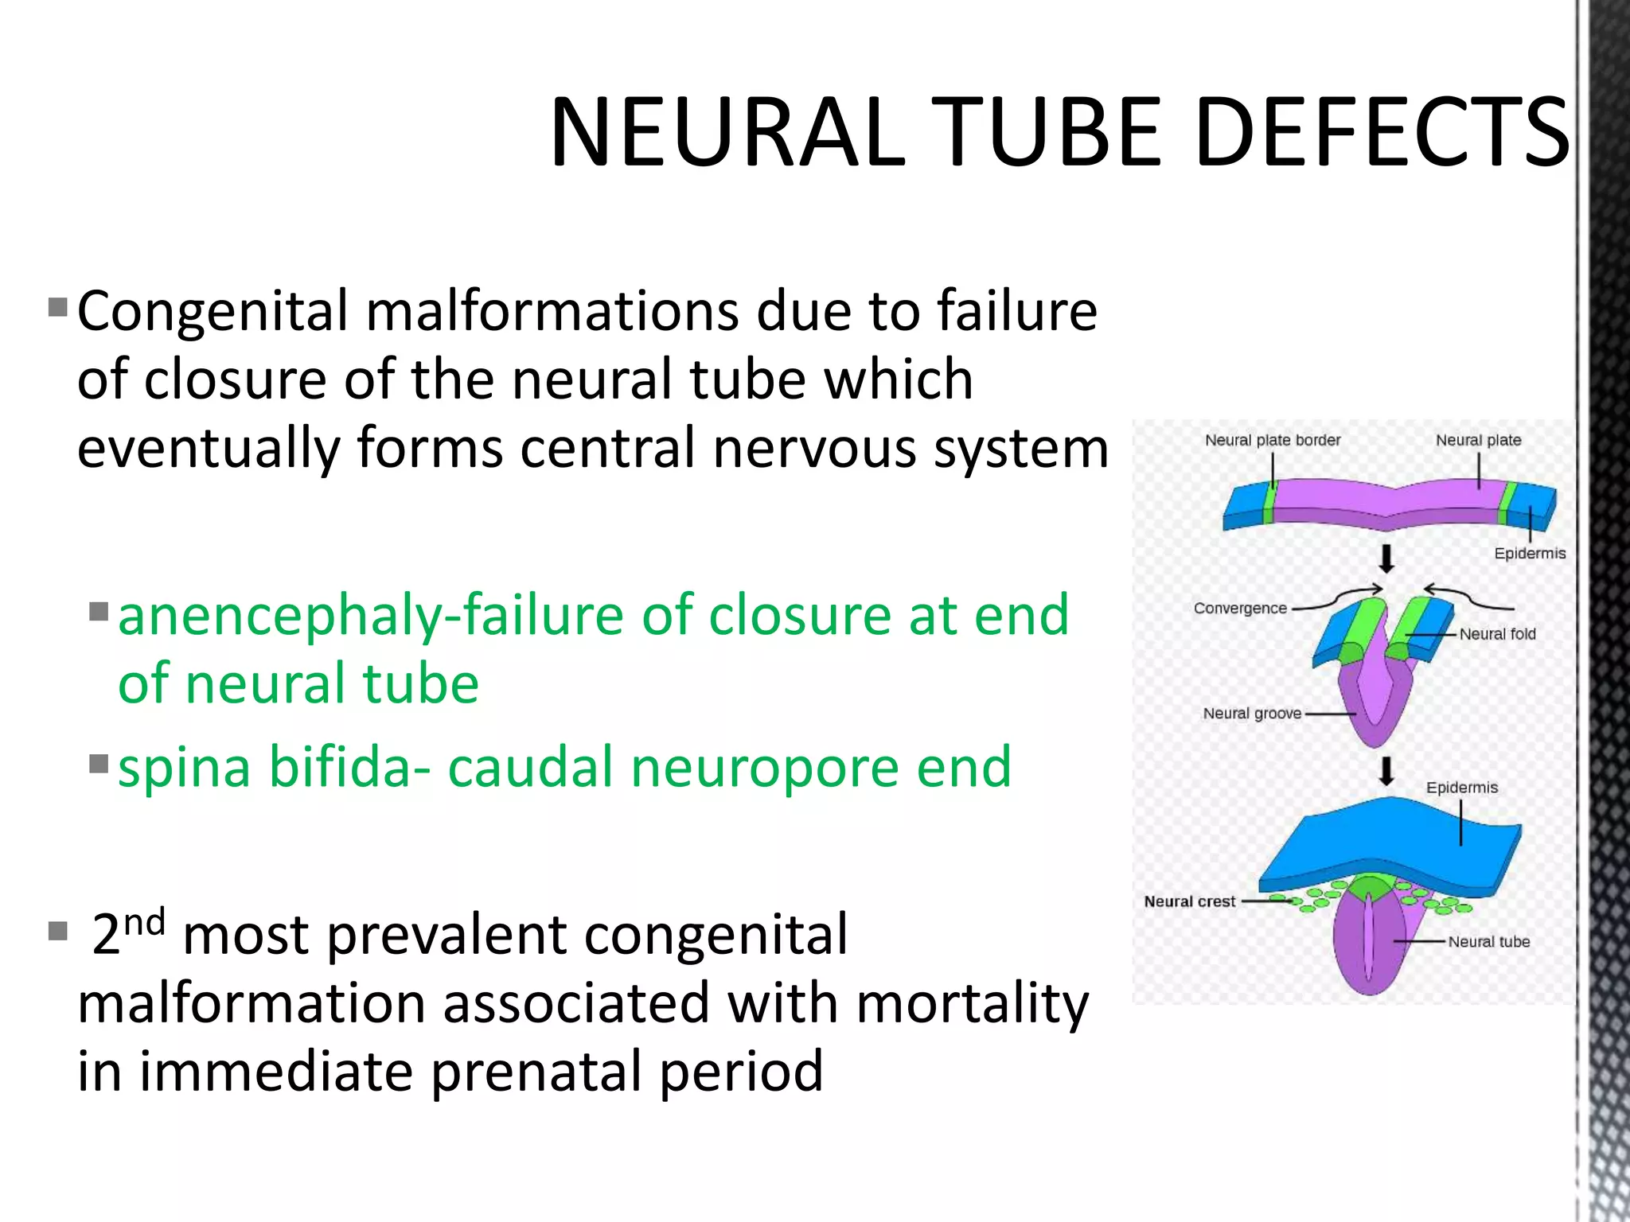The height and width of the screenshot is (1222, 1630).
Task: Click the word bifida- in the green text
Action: [350, 768]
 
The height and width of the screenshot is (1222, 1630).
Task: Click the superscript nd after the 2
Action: [145, 923]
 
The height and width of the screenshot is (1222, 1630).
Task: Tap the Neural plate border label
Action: [1272, 440]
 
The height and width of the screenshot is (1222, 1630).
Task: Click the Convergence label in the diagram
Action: [1239, 609]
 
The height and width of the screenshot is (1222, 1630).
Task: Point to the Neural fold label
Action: [1497, 634]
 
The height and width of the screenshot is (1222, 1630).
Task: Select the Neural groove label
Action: [1251, 714]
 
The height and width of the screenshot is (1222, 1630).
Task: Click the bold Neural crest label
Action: [1189, 901]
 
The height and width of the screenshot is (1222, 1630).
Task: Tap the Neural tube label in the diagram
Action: [1488, 942]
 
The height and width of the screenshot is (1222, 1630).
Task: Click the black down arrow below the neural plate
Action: [1386, 558]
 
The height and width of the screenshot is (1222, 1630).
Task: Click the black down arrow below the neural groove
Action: [1386, 771]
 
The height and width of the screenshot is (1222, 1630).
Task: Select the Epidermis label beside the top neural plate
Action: [1529, 554]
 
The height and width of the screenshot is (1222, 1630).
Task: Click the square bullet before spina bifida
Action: [99, 764]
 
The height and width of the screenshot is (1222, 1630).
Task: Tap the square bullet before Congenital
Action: [57, 307]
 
